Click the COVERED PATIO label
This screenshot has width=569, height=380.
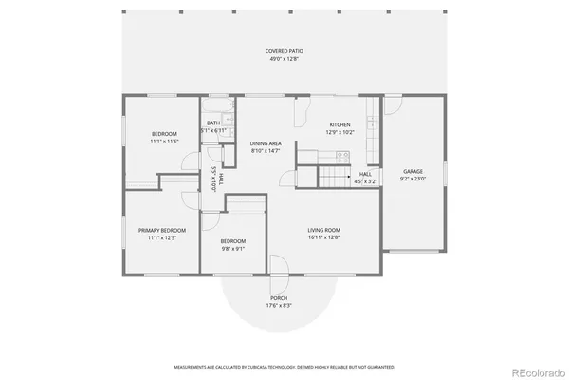click(x=284, y=50)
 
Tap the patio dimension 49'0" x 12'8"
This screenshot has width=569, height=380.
click(x=284, y=59)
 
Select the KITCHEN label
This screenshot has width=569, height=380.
click(x=340, y=124)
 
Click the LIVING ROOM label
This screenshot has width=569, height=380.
click(x=323, y=230)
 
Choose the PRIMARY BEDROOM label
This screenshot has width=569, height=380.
click(x=162, y=230)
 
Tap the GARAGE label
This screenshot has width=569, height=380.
click(x=413, y=171)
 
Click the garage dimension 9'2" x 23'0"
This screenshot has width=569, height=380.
click(x=413, y=179)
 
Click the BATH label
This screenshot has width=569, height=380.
click(x=213, y=123)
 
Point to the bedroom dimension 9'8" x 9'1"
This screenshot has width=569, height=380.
click(x=233, y=250)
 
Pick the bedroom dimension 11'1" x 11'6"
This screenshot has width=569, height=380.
click(x=164, y=142)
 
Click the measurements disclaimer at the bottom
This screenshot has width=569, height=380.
click(x=284, y=366)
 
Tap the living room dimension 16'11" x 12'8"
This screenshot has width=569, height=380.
click(x=323, y=238)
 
